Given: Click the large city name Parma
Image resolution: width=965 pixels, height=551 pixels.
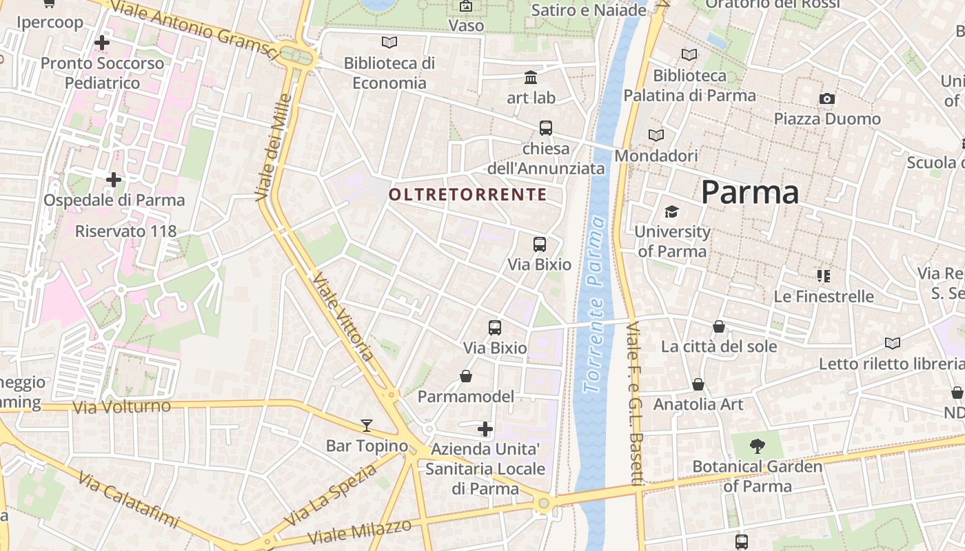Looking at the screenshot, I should [750, 192].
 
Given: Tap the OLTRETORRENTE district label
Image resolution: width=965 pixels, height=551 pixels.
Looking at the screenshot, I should [468, 195].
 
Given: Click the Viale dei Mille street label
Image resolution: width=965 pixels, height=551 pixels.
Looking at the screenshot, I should [273, 147].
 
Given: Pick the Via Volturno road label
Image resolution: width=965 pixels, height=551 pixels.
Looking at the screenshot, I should [122, 407].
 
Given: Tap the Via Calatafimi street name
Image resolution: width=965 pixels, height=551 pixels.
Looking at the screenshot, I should [128, 499].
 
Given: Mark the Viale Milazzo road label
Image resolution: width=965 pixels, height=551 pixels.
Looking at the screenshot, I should [360, 531].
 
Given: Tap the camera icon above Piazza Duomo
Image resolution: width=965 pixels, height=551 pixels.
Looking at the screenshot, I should [827, 99].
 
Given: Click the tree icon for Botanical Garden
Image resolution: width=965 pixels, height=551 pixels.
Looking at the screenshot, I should [757, 446].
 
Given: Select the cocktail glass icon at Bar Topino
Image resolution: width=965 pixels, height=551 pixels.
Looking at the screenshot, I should [367, 425].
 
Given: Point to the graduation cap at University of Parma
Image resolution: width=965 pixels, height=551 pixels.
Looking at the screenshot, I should [671, 211].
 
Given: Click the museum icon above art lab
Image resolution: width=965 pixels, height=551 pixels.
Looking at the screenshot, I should [531, 77].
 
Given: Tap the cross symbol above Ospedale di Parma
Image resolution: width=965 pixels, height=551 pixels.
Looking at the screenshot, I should [114, 180].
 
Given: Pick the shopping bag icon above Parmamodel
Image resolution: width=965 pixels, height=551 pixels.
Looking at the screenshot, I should [466, 376].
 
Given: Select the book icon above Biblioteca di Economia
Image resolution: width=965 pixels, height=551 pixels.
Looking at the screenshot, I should [389, 43].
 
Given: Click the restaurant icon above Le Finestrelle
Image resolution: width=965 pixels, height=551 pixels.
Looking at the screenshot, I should [823, 276].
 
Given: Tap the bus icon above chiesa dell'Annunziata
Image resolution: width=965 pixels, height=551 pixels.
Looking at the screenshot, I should [546, 127].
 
